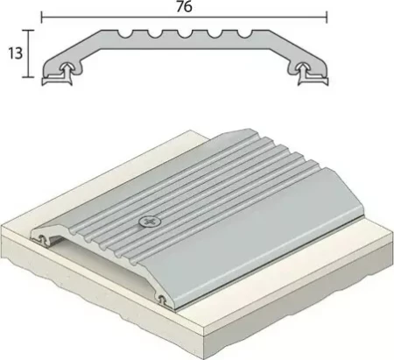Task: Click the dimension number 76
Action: pos(184,6)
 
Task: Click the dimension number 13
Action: pos(15,53)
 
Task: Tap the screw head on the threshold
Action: pos(150,222)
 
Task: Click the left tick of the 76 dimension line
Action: pos(42,18)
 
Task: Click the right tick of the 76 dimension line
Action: pos(327,18)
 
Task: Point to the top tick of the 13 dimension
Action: pos(28,30)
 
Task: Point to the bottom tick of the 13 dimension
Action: pos(28,77)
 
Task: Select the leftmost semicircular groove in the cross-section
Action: pos(124,33)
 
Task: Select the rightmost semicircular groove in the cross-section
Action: pos(244,33)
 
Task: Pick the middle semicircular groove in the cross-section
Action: pos(185,33)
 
